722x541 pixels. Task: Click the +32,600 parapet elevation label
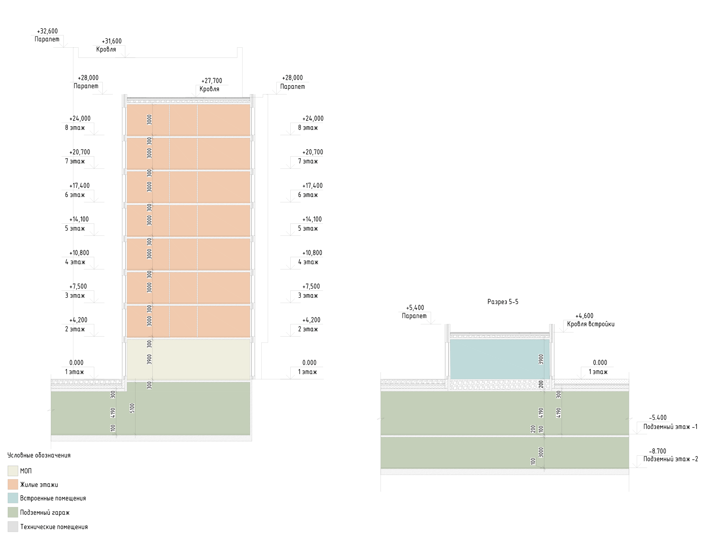coord(47,31)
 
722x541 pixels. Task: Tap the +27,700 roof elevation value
coord(211,81)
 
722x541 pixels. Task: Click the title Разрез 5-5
coord(503,302)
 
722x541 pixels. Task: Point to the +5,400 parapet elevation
coord(415,308)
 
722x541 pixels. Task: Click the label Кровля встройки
coord(591,324)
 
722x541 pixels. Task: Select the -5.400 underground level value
coord(658,418)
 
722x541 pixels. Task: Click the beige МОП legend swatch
coord(13,471)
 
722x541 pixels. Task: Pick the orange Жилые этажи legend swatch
coord(13,484)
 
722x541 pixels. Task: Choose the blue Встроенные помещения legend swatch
coord(13,498)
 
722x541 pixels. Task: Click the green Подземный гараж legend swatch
coord(13,512)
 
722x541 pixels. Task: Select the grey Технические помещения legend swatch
coord(13,527)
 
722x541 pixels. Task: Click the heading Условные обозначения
coord(39,455)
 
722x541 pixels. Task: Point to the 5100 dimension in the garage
coord(132,408)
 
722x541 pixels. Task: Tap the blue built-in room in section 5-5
coord(499,359)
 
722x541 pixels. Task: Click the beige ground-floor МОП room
coord(188,359)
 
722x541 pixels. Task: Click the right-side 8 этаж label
coord(308,128)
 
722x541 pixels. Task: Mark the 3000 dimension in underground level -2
coord(541,452)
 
